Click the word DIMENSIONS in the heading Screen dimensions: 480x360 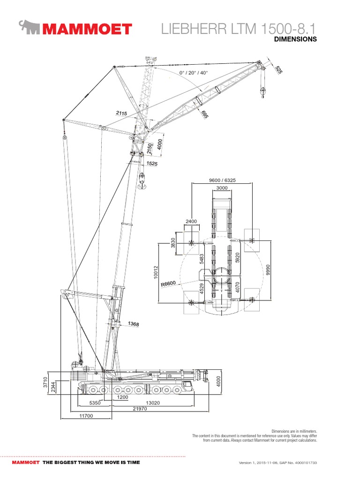point(295,39)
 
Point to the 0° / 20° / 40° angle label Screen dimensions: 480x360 point(193,73)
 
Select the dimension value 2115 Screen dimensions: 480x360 point(121,113)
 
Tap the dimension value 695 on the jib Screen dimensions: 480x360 point(204,114)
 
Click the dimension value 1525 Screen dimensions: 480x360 point(151,164)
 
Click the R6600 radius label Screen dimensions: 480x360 point(168,283)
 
